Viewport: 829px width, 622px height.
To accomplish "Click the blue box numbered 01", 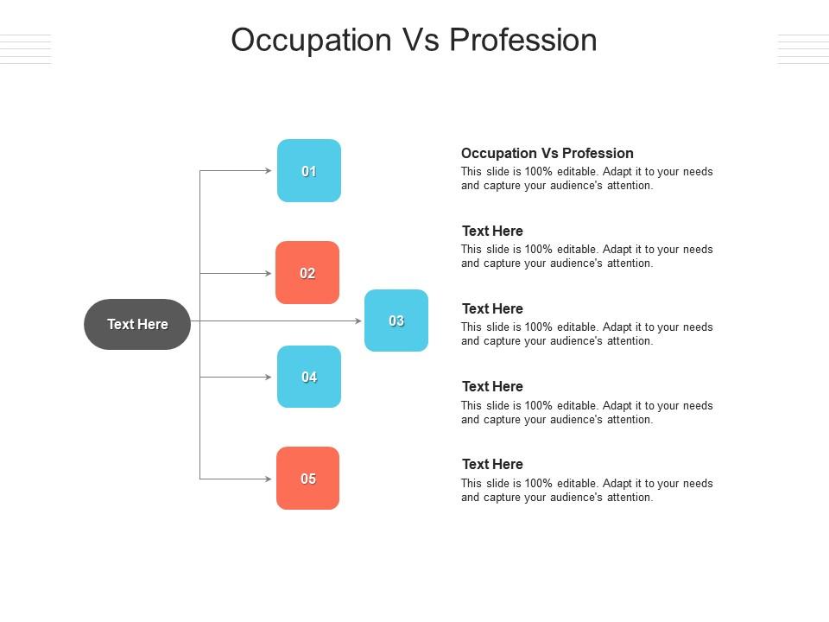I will tap(309, 171).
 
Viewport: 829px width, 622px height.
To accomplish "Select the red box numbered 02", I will tap(307, 273).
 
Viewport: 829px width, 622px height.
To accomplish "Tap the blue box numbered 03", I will tap(396, 321).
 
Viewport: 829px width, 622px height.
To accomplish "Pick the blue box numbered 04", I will tap(309, 377).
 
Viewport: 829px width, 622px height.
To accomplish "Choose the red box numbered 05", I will tap(308, 479).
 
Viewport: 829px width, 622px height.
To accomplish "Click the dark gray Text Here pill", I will tap(137, 324).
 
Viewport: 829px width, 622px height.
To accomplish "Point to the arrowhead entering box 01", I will tap(269, 171).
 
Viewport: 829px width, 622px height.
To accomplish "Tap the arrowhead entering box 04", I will tap(269, 378).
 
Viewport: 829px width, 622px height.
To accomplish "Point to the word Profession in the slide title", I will tap(523, 41).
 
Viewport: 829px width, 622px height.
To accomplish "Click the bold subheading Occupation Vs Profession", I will tap(547, 153).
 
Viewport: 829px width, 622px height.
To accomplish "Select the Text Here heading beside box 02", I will tap(492, 231).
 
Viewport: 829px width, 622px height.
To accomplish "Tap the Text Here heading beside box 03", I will tap(492, 308).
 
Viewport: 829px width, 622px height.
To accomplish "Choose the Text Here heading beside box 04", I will tap(492, 386).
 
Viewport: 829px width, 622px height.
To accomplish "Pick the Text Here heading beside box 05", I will tap(492, 464).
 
